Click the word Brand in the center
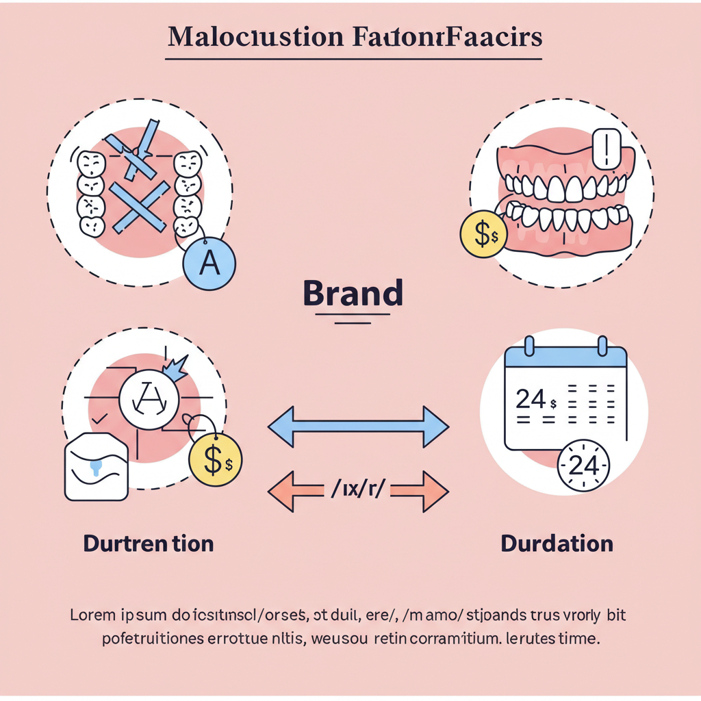click(x=353, y=293)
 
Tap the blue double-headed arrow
click(x=357, y=426)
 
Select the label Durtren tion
click(x=149, y=544)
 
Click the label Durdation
click(x=557, y=544)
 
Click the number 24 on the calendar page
click(x=531, y=398)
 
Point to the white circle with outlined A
click(x=149, y=399)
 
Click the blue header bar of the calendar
click(x=565, y=357)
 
